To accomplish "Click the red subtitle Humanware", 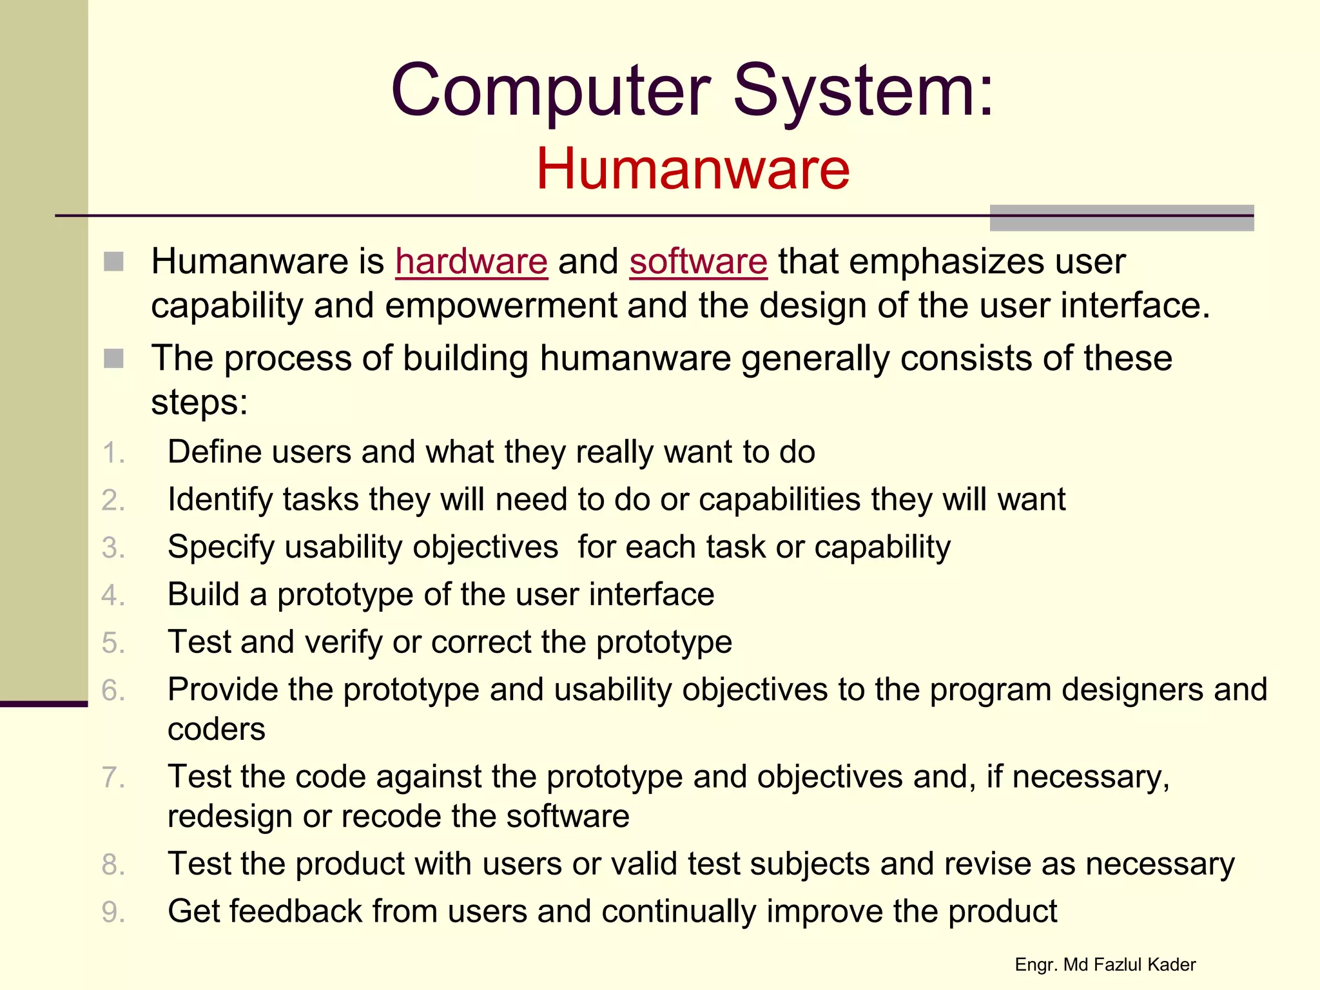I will [693, 169].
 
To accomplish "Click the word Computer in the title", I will [551, 91].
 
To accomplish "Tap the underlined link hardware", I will [471, 262].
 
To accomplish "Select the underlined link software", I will [698, 262].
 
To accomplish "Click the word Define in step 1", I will [214, 452].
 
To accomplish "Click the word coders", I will [216, 730].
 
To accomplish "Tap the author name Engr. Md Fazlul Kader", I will [1105, 965].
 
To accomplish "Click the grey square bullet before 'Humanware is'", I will [113, 262].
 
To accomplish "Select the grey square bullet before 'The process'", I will [113, 358].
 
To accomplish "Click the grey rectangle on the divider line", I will [1121, 218].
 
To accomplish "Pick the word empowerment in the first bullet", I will [500, 306].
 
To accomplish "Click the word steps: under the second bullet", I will [199, 403].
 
